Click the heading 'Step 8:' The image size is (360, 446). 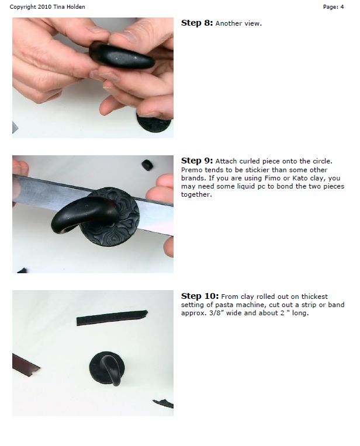[x=197, y=23]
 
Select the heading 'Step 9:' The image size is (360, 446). [x=197, y=161]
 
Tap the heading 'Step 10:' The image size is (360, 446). [x=199, y=296]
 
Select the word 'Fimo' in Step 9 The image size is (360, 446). [x=292, y=177]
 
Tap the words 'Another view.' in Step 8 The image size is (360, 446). [x=239, y=24]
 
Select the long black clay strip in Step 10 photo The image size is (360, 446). [x=111, y=318]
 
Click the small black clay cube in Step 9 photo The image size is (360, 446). [x=147, y=165]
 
